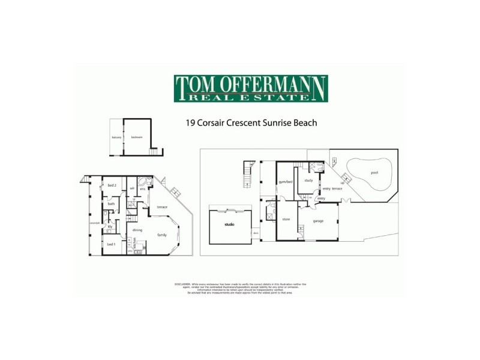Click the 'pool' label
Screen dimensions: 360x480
coord(374,172)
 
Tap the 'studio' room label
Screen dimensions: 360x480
coord(229,224)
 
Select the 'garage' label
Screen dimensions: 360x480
coord(318,221)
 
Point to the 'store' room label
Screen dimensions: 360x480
coord(286,219)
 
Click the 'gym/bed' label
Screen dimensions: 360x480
coord(285,181)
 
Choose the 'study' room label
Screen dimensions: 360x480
coord(308,180)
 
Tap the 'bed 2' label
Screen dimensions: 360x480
coord(112,185)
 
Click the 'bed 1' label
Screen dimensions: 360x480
coord(111,244)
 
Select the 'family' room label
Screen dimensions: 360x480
coord(162,235)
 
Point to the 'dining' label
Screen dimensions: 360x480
coord(137,230)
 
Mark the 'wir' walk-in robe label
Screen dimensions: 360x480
coord(132,188)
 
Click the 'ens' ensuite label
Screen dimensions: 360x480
coord(143,189)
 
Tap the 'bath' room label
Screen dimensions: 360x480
coord(111,204)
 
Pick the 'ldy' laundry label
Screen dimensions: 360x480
coord(110,226)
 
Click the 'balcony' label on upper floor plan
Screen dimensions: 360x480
coord(116,137)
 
